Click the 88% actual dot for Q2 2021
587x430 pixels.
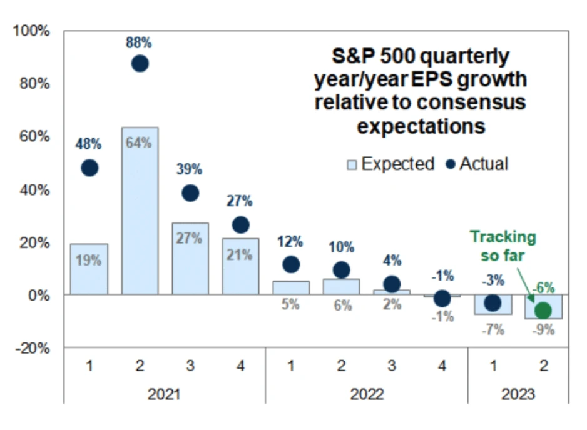point(140,63)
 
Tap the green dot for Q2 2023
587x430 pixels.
point(543,310)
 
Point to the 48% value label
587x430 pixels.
point(89,144)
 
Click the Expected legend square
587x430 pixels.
point(352,165)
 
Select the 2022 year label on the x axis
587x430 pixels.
point(367,394)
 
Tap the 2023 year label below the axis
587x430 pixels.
point(518,394)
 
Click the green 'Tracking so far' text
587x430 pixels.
point(503,246)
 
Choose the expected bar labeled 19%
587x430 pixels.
point(89,269)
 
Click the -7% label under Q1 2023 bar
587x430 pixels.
point(493,330)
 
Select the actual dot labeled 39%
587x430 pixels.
point(190,193)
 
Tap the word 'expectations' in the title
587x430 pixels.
point(421,126)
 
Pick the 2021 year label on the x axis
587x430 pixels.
point(165,394)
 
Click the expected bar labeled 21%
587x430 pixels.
point(240,266)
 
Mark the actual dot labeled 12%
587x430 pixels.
point(290,264)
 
